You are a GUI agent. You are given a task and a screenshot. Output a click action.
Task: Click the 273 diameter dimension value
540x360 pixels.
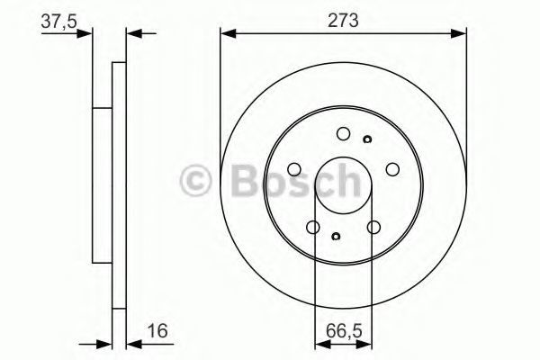pos(343,21)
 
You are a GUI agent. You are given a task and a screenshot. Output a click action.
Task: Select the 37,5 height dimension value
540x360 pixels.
pos(58,22)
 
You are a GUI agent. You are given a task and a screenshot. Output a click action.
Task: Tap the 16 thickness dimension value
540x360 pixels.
pos(157,330)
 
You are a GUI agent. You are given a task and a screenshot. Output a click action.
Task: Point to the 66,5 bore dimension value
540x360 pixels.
pos(344,331)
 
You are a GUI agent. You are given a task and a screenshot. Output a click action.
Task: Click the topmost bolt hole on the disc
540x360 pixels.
pos(344,134)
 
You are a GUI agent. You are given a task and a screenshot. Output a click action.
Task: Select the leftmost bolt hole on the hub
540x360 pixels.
pos(294,169)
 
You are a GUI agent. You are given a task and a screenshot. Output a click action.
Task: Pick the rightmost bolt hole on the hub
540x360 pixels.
pos(392,169)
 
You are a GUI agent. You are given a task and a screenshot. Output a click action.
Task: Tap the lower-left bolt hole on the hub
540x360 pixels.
pos(313,227)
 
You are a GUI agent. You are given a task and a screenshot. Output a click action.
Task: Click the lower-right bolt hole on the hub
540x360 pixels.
pos(373,227)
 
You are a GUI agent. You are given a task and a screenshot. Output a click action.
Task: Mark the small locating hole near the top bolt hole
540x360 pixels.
pos(367,139)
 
